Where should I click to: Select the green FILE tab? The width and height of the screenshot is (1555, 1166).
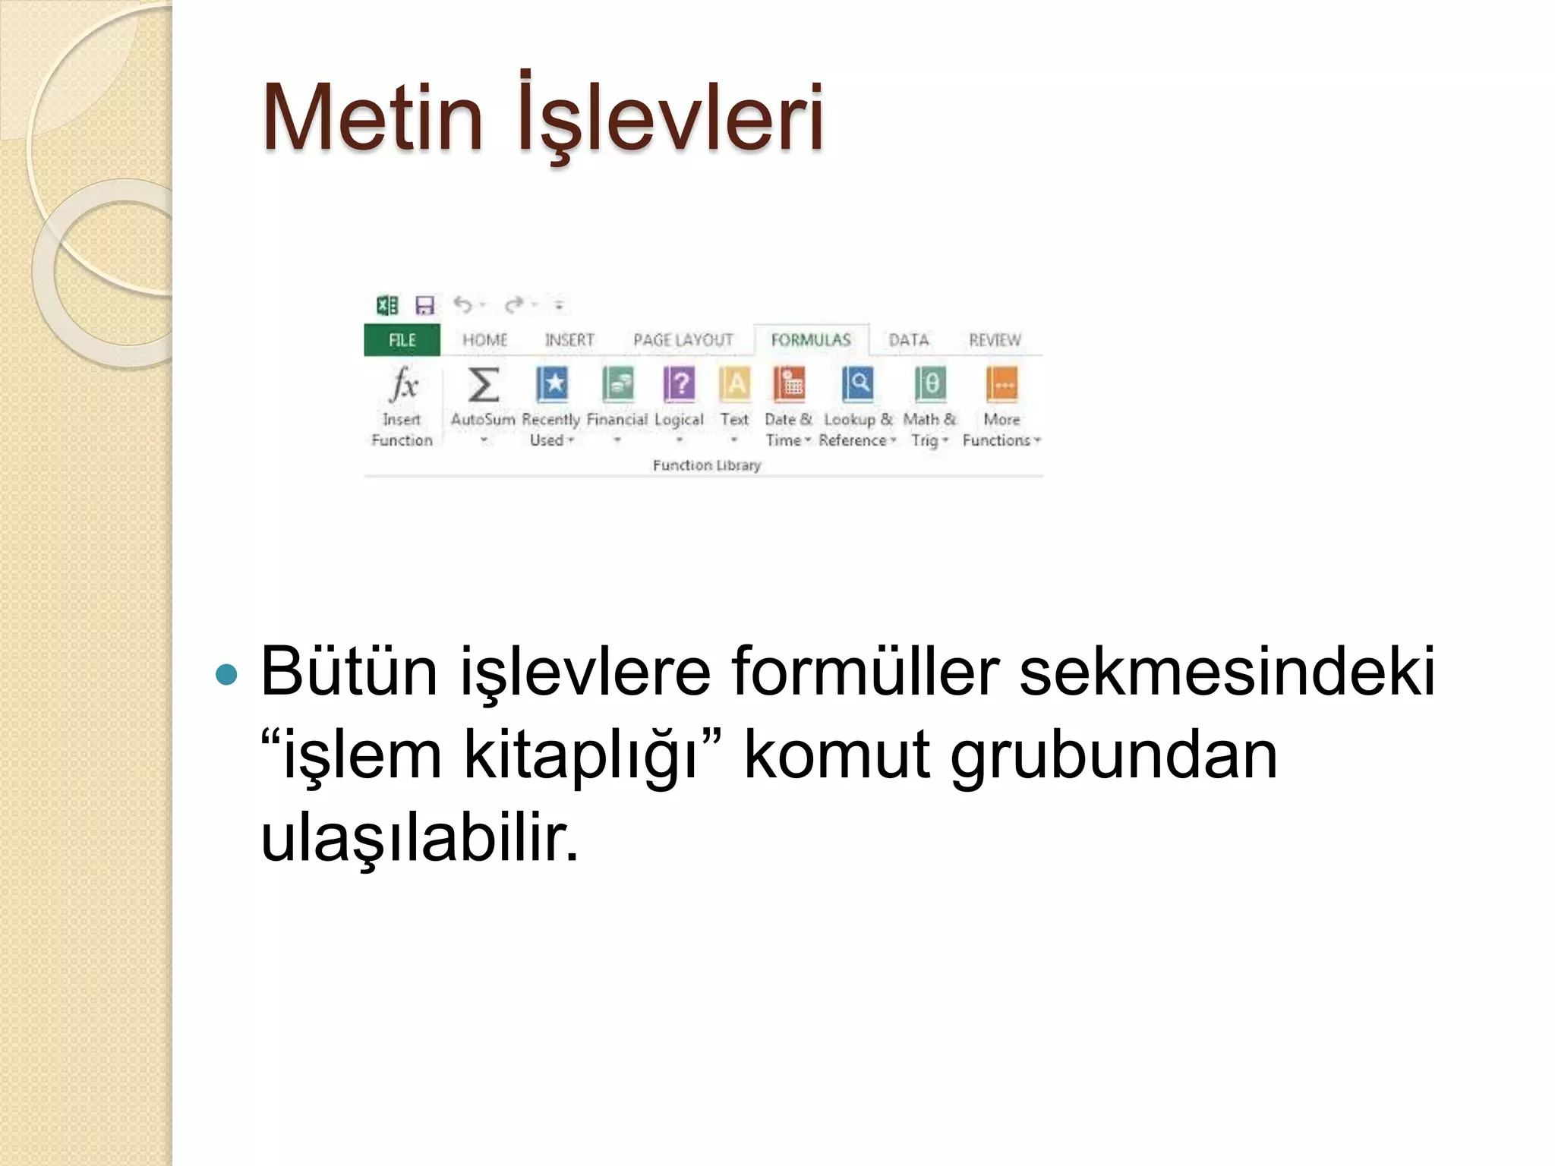tap(402, 340)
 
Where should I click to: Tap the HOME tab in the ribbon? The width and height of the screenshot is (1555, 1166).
tap(484, 340)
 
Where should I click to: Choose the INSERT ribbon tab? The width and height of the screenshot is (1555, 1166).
tap(569, 340)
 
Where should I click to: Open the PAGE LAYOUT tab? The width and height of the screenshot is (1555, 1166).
tap(683, 340)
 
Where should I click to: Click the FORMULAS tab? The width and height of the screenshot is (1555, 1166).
tap(811, 340)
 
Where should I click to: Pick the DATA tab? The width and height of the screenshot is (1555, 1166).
tap(908, 340)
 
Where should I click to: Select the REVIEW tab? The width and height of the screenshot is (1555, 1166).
tap(995, 340)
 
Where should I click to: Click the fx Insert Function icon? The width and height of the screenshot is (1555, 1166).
tap(403, 384)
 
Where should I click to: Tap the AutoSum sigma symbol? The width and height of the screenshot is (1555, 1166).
tap(484, 384)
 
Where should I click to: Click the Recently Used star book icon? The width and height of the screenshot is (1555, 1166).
tap(552, 384)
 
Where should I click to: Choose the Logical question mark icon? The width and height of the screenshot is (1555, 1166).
tap(680, 384)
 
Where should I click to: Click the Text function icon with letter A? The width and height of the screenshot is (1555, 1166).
tap(734, 384)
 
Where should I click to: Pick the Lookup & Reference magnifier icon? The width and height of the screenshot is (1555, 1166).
tap(858, 384)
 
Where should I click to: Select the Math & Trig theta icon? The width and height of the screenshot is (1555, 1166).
tap(930, 384)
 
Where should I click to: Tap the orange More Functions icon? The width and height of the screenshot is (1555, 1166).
tap(1001, 384)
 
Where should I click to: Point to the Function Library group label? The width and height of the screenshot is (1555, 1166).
tap(706, 465)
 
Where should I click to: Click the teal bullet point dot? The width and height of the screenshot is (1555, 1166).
tap(226, 673)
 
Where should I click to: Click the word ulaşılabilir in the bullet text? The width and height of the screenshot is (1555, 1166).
tap(419, 839)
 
